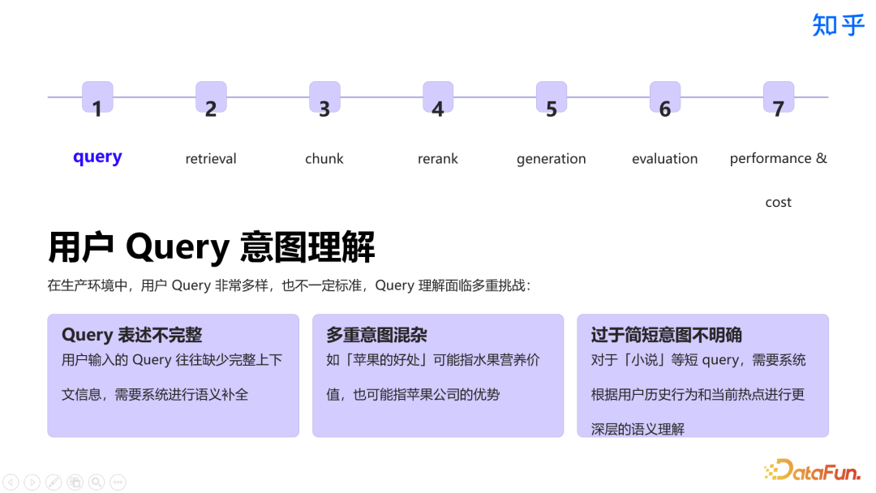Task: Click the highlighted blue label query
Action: point(97,157)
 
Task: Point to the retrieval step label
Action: point(211,159)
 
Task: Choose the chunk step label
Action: point(324,159)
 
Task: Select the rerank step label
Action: point(438,159)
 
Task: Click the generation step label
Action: point(552,159)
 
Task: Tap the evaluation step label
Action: point(665,159)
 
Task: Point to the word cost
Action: point(778,203)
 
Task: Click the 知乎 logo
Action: point(839,25)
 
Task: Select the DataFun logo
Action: point(812,469)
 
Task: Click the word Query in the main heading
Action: point(178,247)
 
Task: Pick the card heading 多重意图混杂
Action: point(376,335)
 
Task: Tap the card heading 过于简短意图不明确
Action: point(667,335)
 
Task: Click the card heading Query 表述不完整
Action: point(131,335)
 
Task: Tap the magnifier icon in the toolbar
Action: point(96,482)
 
